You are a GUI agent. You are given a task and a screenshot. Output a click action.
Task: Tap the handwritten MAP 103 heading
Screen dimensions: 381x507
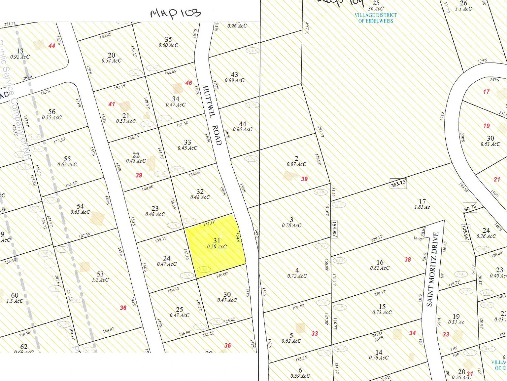[175, 13]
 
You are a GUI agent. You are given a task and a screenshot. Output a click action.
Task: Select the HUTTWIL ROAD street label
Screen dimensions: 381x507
[212, 115]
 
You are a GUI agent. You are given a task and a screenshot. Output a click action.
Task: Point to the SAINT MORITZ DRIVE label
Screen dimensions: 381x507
[433, 269]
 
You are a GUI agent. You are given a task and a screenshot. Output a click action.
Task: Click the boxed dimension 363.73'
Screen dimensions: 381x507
[398, 184]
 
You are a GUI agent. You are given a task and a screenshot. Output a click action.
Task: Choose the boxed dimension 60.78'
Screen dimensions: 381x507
[470, 208]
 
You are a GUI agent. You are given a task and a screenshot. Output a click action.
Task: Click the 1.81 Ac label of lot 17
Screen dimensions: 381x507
[422, 207]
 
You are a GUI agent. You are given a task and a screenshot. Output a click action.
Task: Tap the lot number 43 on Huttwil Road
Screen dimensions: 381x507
[234, 75]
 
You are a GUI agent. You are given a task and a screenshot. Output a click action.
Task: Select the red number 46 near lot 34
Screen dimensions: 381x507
[188, 83]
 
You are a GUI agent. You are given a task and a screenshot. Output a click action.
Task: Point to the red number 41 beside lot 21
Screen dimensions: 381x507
[112, 104]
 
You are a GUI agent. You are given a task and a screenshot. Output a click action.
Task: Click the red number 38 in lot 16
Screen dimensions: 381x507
[408, 260]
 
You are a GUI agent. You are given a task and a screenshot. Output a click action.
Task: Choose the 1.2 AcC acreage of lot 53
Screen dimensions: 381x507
[100, 280]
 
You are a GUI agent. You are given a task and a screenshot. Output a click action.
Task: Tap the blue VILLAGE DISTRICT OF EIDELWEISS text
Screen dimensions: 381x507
[376, 18]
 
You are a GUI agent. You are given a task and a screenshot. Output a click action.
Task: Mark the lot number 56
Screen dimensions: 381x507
[52, 112]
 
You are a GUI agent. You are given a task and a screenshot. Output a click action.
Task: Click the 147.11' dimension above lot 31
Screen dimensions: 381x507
[209, 224]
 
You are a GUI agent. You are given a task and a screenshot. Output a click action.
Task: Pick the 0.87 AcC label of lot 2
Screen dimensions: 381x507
[296, 164]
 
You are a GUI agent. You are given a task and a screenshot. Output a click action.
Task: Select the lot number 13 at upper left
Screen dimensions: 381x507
[20, 51]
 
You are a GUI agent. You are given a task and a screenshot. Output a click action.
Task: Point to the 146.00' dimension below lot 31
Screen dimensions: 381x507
[222, 274]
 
